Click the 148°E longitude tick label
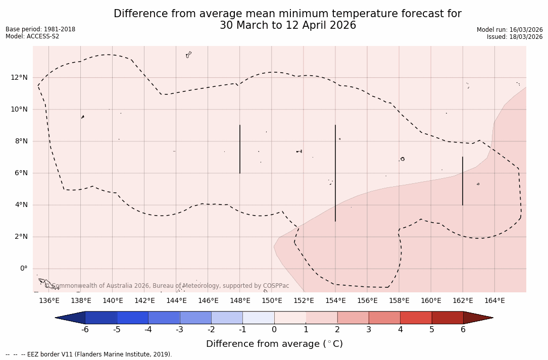(240, 301)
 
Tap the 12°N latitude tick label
(19, 77)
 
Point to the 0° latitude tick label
(23, 269)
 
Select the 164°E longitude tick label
(494, 301)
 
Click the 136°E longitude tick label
(49, 301)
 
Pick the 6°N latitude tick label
(21, 173)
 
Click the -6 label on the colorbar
(85, 330)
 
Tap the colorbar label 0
(274, 330)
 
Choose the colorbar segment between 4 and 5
(416, 318)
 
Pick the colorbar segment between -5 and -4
(132, 318)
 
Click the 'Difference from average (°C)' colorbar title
(274, 344)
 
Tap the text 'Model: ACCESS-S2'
(32, 36)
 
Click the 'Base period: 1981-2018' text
(40, 29)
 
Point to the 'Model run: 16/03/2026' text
(510, 30)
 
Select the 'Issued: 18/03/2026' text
(515, 37)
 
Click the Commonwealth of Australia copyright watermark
(167, 286)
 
